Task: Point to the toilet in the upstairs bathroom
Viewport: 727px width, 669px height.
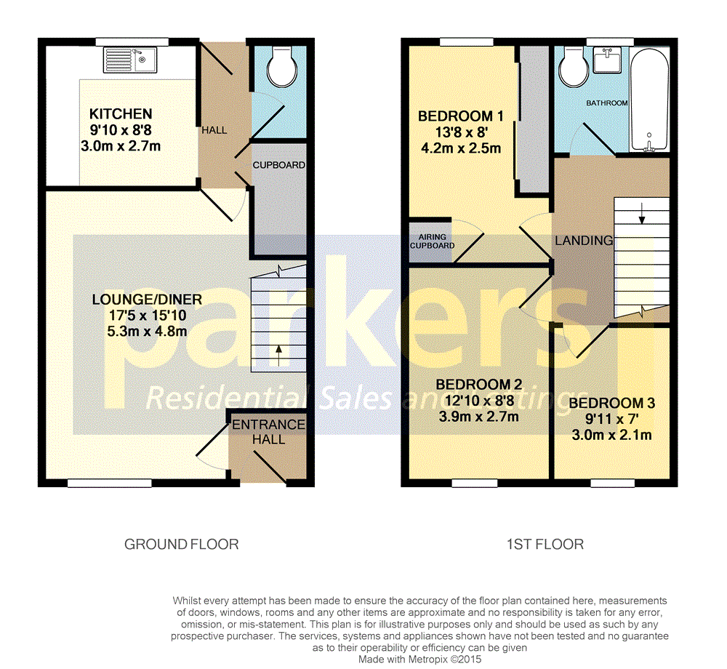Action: coord(574,69)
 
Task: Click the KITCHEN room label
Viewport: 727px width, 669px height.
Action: coord(121,114)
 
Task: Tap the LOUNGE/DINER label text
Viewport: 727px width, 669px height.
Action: coord(147,300)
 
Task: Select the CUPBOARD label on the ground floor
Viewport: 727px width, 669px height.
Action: coord(279,165)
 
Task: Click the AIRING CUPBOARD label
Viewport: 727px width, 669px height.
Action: coord(432,241)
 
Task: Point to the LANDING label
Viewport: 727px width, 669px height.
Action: coord(584,241)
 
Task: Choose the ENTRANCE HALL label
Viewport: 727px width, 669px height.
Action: coord(268,432)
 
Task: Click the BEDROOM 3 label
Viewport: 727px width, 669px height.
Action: coord(606,404)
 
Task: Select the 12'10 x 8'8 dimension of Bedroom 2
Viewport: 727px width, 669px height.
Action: coord(476,401)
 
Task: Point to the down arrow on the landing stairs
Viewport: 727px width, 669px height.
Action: coord(642,215)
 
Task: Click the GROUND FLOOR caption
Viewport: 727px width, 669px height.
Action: coord(181,544)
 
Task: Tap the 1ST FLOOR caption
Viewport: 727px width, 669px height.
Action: coord(546,544)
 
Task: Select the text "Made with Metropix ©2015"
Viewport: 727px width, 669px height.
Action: coord(419,659)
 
